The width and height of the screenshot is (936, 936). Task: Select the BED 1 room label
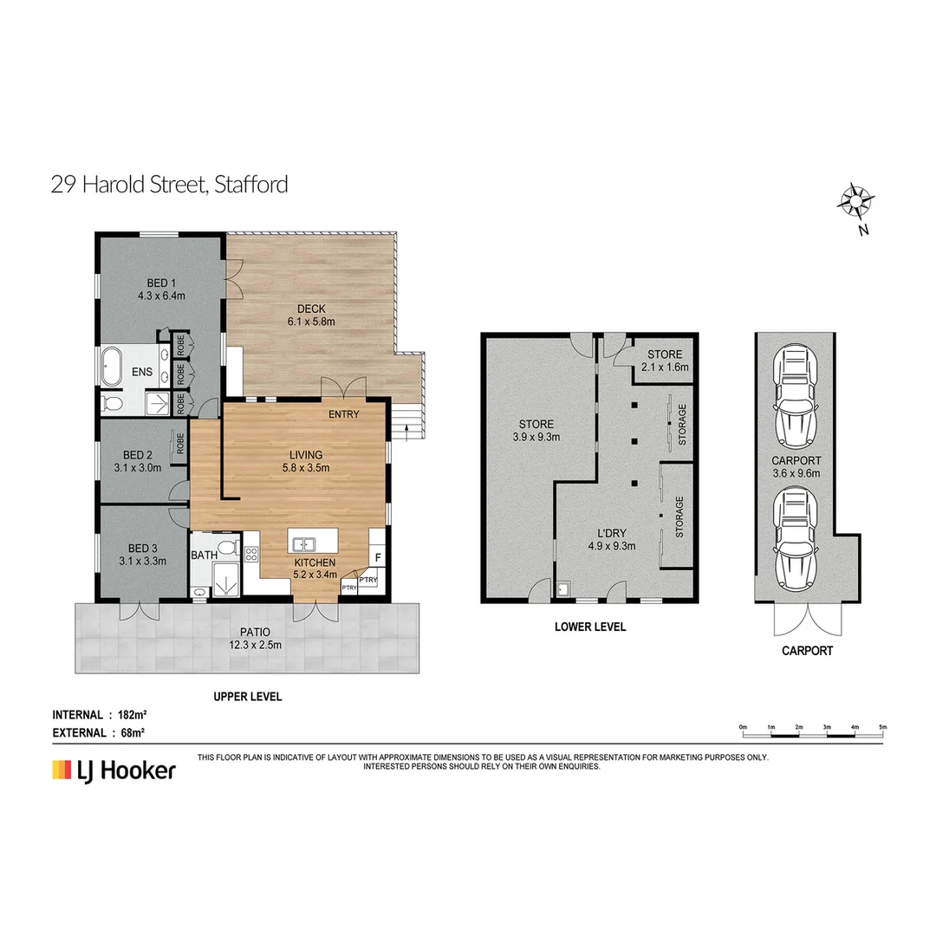click(x=161, y=289)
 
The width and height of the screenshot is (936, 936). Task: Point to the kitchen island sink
click(x=304, y=544)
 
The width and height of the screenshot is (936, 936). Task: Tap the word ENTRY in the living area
click(x=343, y=414)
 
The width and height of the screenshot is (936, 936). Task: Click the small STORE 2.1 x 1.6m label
click(x=665, y=361)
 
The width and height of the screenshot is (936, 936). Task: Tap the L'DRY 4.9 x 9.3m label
click(x=613, y=539)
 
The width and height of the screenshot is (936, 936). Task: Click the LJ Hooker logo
click(x=114, y=770)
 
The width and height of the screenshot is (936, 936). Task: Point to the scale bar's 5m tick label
click(x=882, y=726)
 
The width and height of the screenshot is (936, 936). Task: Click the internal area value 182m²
click(x=132, y=715)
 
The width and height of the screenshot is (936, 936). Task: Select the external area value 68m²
click(x=130, y=732)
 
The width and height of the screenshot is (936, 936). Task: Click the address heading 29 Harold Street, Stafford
click(x=169, y=185)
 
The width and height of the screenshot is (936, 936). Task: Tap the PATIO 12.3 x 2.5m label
click(x=247, y=638)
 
